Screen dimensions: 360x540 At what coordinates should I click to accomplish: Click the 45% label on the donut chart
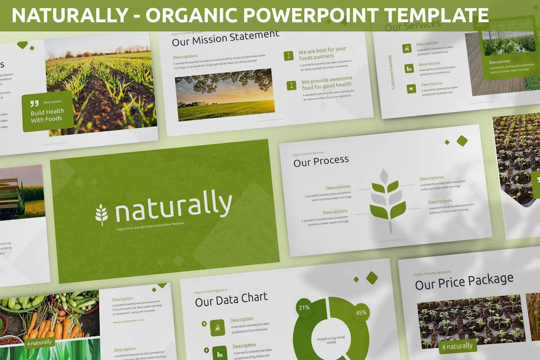point(361,313)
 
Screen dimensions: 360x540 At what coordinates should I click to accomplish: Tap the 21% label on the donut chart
point(304,308)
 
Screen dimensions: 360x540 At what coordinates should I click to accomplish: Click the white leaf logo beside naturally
point(101,214)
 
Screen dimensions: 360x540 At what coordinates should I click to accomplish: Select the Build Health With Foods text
point(47,116)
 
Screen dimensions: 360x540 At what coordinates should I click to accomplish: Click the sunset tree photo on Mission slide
point(225,94)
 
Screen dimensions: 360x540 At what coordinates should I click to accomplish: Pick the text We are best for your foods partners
point(322,53)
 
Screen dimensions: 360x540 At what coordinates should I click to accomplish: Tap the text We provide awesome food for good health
point(326,83)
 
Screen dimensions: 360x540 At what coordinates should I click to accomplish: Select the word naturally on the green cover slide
point(173,206)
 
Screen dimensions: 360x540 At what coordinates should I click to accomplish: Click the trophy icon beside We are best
point(288,55)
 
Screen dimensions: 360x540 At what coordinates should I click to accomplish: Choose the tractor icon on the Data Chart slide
point(217,327)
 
